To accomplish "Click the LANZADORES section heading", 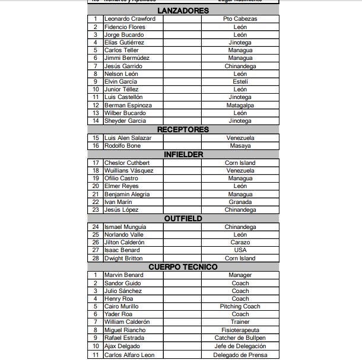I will tap(183, 11).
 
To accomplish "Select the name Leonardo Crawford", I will tap(130, 19).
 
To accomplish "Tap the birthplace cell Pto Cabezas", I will tap(240, 19).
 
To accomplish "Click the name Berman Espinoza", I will tap(128, 105).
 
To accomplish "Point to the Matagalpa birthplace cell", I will tap(240, 105).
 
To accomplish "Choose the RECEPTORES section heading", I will tap(183, 129).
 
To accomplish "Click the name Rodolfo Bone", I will tap(123, 146).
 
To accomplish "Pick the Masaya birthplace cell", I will tap(240, 146).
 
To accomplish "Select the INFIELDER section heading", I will tap(183, 154).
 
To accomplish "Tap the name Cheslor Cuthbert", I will tap(127, 163).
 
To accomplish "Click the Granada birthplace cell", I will tap(240, 202).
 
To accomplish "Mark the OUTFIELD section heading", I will tap(183, 218).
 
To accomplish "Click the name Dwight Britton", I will tap(123, 259).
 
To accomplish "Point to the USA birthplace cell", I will tap(240, 250).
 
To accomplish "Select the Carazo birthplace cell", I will tap(240, 243).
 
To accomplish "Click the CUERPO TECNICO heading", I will tap(183, 267).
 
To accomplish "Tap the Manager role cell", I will tap(240, 275).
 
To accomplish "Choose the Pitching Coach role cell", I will tap(240, 307).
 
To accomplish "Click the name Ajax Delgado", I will tap(122, 346).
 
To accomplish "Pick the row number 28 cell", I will tap(96, 259).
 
